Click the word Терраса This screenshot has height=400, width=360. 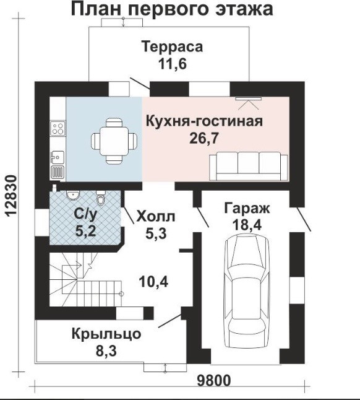tap(173, 46)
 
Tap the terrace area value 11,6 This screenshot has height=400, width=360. tap(173, 64)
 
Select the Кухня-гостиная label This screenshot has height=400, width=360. tap(204, 121)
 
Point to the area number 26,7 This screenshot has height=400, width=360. tap(204, 138)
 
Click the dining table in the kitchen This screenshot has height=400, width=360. tap(114, 141)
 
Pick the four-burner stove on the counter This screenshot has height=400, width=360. tap(58, 128)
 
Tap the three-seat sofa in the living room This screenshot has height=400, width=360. tap(249, 166)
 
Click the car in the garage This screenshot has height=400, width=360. tap(246, 290)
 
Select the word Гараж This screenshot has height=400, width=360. tap(247, 209)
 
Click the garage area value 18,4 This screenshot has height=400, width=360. tap(247, 225)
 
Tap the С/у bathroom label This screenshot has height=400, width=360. tap(85, 214)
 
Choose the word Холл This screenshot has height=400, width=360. tap(156, 217)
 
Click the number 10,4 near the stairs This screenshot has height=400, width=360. tap(153, 282)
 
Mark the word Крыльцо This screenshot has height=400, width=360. tap(106, 334)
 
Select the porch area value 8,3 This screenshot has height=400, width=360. tap(106, 351)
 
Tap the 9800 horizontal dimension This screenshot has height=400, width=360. tap(214, 381)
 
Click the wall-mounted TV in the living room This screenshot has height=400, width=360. tap(249, 98)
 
